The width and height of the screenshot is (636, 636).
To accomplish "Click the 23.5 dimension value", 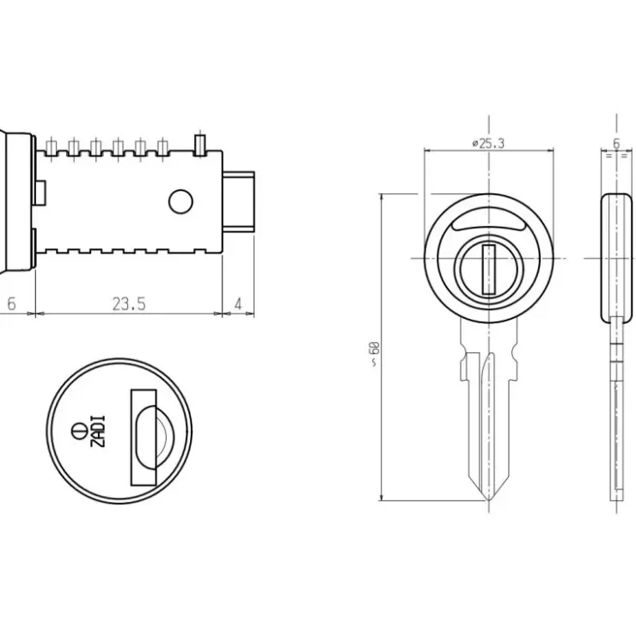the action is coord(129,303).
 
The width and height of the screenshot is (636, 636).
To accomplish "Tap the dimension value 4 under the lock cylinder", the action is coord(238,303).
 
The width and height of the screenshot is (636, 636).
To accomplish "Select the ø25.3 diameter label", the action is coord(488,144).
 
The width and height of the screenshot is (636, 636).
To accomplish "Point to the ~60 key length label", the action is coord(374,354).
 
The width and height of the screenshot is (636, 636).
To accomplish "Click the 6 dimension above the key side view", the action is coord(616,144).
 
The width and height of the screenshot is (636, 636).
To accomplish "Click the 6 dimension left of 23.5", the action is coord(11,303).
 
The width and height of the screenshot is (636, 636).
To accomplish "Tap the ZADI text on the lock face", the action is coord(98,431).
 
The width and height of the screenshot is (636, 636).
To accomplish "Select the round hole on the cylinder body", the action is coord(180,202).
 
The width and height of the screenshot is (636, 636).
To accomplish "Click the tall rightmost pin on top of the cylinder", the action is coord(200,144).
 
